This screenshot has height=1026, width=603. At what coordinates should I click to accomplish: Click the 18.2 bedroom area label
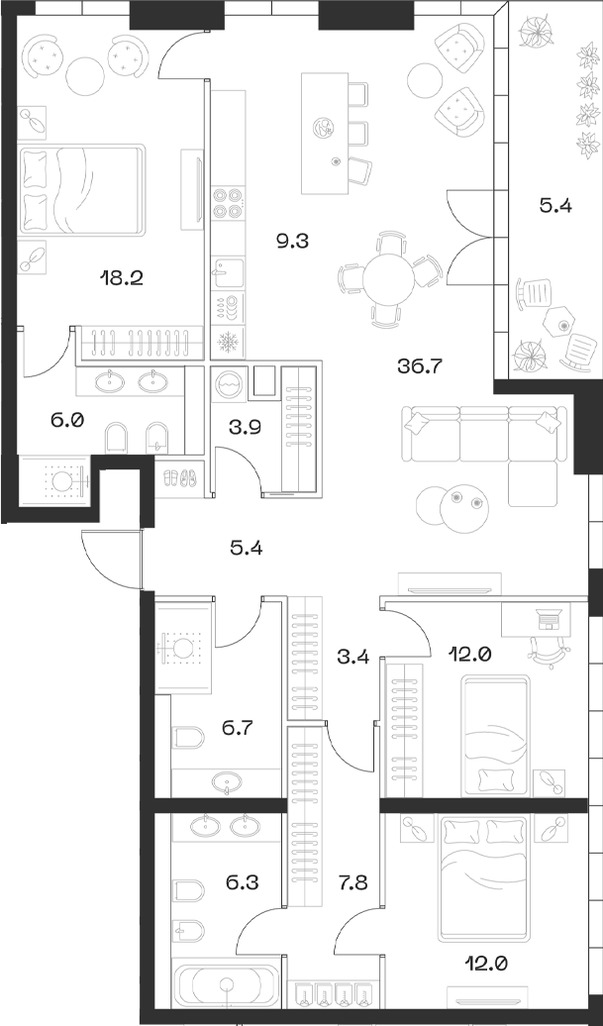coord(122,277)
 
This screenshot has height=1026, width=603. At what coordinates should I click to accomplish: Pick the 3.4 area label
coord(353,656)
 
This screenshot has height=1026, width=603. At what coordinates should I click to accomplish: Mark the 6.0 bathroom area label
coord(66,420)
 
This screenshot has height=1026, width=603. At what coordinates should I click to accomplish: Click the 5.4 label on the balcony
coord(554,207)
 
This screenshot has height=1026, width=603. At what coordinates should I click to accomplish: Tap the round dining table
coord(387,280)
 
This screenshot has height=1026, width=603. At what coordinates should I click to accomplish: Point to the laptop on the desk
coord(548,620)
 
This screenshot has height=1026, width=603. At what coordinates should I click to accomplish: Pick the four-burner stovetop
coord(229,202)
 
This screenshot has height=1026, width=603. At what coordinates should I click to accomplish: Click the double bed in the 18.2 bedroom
coord(83,190)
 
